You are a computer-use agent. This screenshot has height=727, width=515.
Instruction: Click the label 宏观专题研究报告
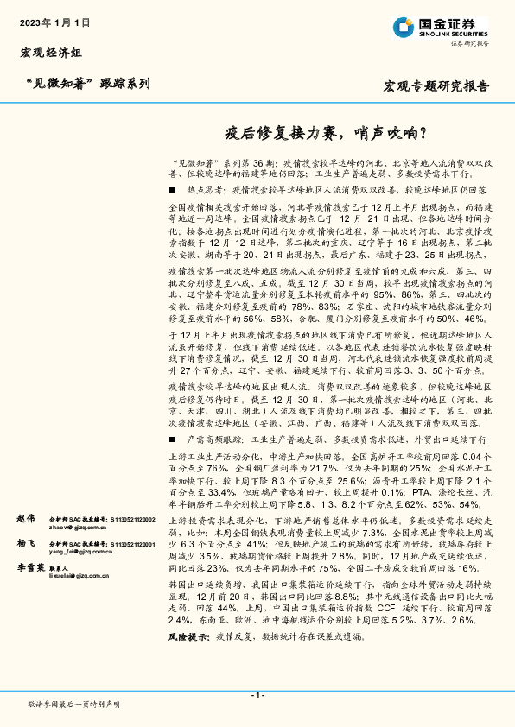(x=436, y=86)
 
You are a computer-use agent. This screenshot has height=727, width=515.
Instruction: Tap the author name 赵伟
(x=25, y=518)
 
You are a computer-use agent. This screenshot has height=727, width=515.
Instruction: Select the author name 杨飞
(x=25, y=544)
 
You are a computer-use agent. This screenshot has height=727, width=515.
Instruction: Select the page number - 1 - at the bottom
(x=257, y=694)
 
